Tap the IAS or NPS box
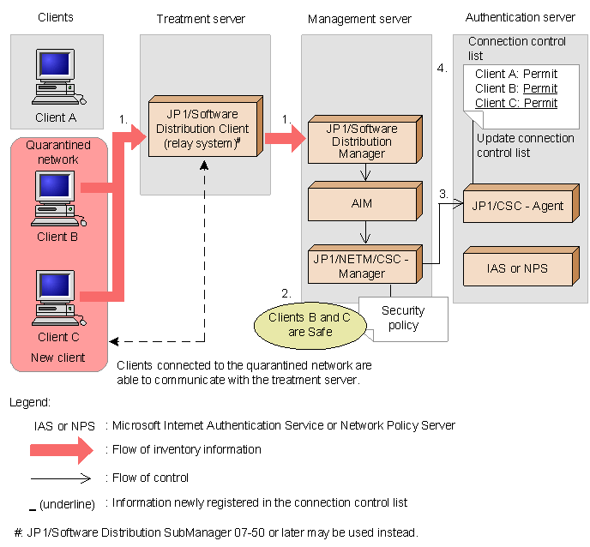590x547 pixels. tap(518, 267)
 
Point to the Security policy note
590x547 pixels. tap(403, 318)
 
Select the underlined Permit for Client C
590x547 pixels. tap(540, 103)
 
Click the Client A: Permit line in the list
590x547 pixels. tap(515, 74)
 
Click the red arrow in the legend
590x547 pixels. tap(61, 449)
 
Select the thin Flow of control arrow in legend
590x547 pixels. tap(61, 478)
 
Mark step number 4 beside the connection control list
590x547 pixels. tap(442, 68)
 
